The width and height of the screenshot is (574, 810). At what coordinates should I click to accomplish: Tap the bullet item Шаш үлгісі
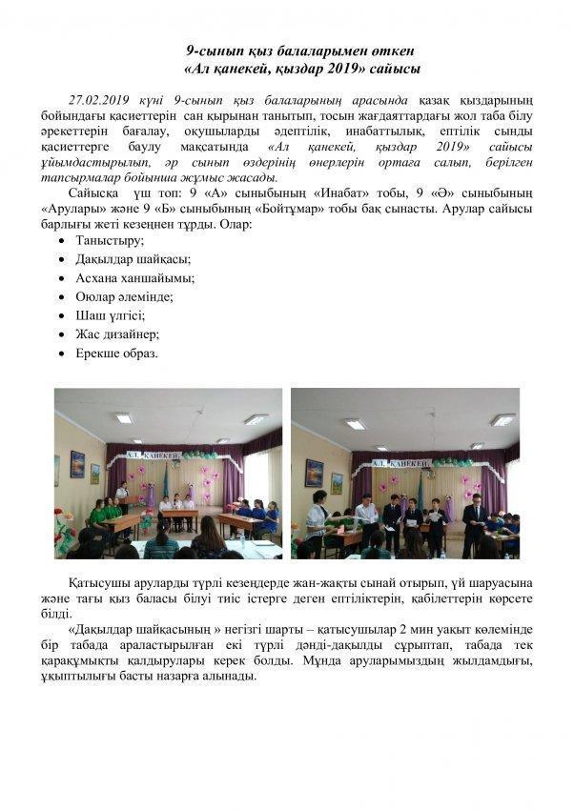[110, 314]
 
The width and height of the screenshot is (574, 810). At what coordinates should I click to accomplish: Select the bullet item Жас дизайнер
[117, 334]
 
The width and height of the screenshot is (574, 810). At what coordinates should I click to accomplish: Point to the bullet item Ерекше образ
[116, 353]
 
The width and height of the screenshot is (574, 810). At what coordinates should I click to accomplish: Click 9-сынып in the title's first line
[211, 51]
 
